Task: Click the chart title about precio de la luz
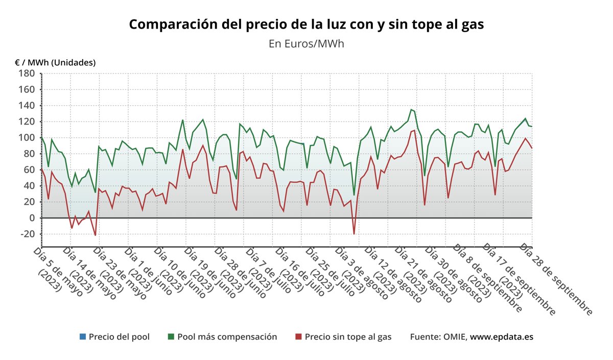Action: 306,24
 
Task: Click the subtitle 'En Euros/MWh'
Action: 306,43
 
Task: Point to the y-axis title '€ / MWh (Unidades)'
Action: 55,62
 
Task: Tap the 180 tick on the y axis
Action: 27,73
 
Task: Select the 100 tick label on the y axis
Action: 27,137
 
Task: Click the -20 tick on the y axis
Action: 26,234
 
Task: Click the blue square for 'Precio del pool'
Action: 82,337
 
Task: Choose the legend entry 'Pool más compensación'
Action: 227,337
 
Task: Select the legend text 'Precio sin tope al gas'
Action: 348,337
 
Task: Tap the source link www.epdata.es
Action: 502,337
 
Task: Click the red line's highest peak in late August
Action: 414,130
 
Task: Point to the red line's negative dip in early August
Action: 354,234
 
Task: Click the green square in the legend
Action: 171,337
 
